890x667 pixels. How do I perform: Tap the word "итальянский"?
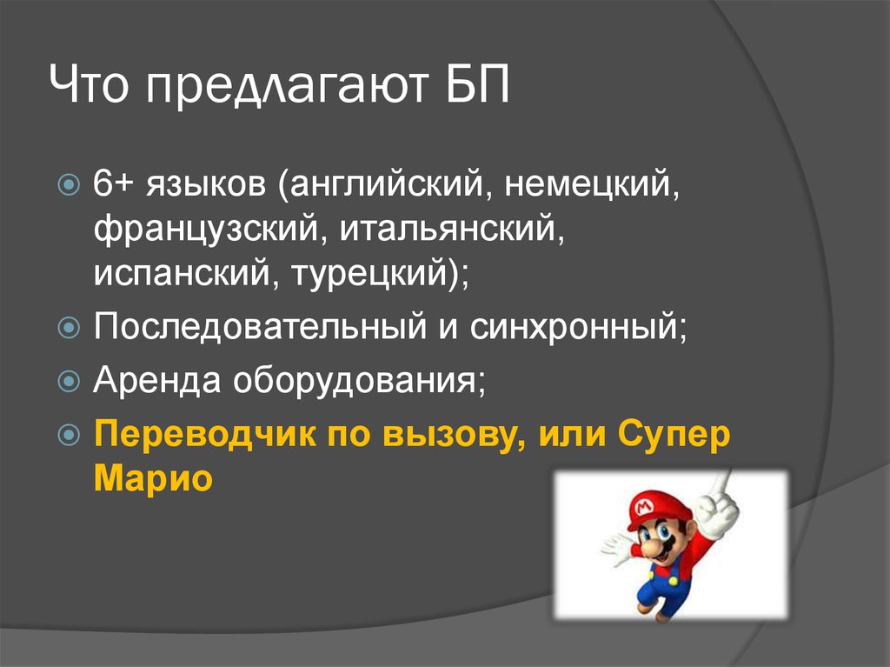pos(447,231)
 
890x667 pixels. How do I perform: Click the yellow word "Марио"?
pos(152,478)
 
